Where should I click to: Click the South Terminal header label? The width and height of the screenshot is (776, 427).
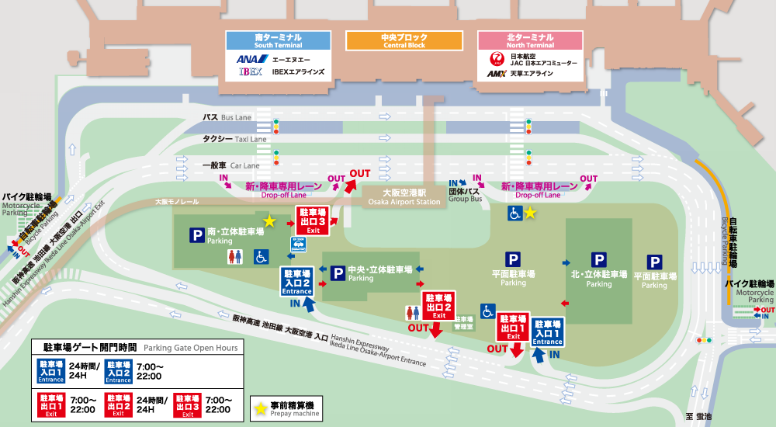point(279,40)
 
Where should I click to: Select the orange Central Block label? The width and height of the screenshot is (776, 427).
point(404,40)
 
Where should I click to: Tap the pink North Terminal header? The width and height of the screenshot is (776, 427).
point(530,40)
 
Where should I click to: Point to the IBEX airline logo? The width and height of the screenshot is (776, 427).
point(251,72)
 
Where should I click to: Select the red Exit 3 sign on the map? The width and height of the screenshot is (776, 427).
point(313,220)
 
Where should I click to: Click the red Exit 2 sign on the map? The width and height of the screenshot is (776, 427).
point(439,306)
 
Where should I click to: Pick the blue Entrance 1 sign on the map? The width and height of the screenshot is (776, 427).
point(547,332)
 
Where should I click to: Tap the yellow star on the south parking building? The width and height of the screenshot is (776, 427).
point(268,222)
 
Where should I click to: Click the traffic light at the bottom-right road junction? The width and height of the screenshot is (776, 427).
point(704,340)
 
